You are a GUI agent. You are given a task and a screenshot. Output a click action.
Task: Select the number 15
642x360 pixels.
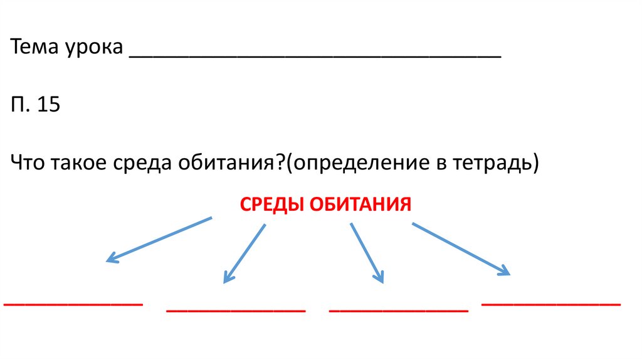click(x=48, y=105)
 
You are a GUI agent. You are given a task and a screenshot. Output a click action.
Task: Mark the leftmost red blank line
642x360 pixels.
click(x=73, y=304)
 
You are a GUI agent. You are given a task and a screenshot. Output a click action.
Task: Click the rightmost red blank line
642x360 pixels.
click(x=551, y=304)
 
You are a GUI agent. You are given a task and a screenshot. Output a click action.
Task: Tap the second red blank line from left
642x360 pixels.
click(x=236, y=310)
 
